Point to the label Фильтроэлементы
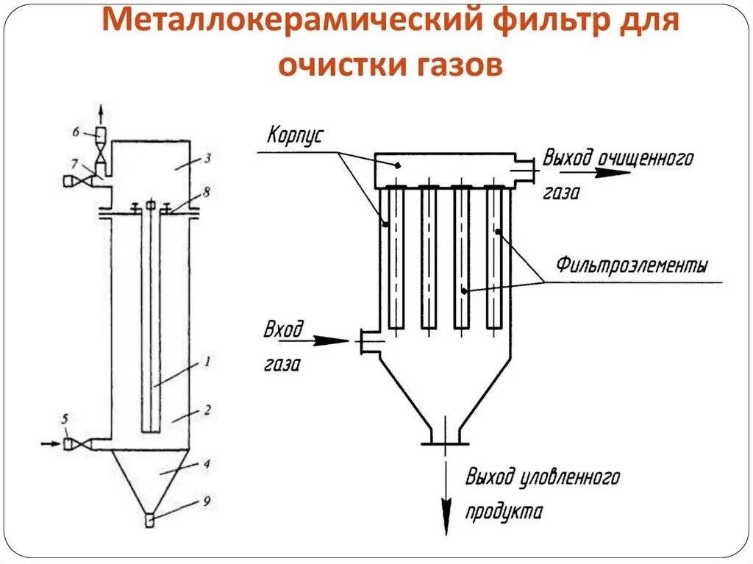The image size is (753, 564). tap(632, 264)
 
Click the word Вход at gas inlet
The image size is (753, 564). tap(283, 329)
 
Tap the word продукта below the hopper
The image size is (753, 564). tap(503, 512)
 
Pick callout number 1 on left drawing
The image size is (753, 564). tap(207, 362)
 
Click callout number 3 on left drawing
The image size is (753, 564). tap(208, 158)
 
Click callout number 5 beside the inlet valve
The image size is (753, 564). tap(65, 419)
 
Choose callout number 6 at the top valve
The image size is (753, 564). tap(76, 132)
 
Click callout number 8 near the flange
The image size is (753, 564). tap(207, 193)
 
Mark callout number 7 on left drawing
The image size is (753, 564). tap(75, 161)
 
